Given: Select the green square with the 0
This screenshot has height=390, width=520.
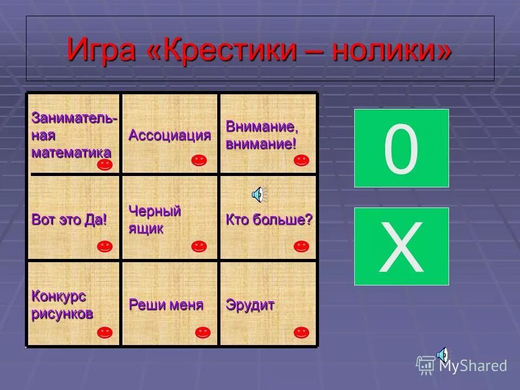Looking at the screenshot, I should click(401, 148).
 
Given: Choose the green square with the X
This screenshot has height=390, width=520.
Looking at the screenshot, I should click(401, 246).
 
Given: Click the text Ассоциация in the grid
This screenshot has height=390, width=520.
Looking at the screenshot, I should click(170, 135).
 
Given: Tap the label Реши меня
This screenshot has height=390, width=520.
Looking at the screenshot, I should click(166, 305).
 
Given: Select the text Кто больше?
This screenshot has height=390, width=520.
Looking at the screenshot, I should click(269, 220).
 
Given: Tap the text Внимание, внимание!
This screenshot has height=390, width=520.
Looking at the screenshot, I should click(262, 135).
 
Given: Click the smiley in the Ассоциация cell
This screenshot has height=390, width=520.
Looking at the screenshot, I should click(199, 160).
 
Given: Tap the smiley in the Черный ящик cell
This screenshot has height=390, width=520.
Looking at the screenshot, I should click(199, 246).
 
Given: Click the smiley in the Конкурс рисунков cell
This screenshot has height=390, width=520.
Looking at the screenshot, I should click(105, 332).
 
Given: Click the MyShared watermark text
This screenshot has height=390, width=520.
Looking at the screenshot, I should click(473, 366).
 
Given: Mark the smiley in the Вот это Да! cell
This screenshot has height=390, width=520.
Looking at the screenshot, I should click(105, 246).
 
